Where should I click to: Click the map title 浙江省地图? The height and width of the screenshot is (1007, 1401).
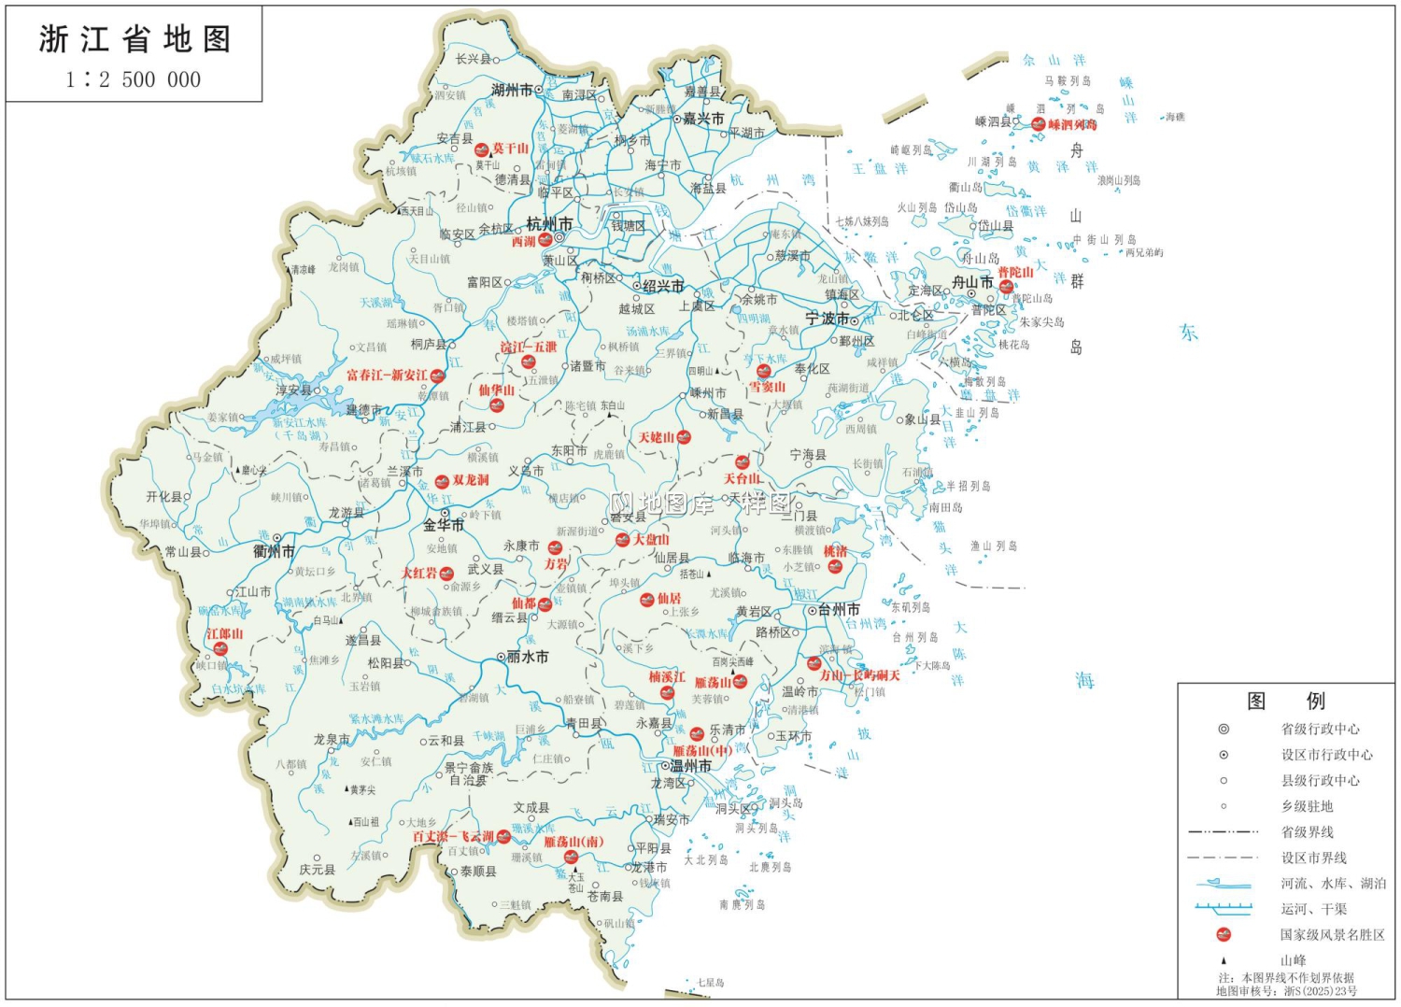tap(134, 39)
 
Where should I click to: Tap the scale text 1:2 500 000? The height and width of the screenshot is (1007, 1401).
tap(134, 79)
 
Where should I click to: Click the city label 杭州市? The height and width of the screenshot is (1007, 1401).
tap(549, 224)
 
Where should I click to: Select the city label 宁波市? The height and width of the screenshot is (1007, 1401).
tap(827, 319)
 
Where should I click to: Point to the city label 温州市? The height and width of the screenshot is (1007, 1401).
tap(690, 766)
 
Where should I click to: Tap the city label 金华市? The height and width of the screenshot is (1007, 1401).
tap(444, 525)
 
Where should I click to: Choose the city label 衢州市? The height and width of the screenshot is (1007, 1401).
tap(274, 551)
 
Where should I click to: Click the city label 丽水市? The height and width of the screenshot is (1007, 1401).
tap(527, 657)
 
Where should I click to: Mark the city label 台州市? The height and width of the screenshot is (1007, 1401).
tap(839, 609)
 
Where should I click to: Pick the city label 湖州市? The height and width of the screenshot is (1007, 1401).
tap(512, 90)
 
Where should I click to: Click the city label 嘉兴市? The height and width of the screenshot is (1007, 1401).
tap(702, 119)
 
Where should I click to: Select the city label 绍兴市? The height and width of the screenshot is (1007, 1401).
tap(663, 286)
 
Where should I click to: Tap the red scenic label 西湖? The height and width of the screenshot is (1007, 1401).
tap(523, 241)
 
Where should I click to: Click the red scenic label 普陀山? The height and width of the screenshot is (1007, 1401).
tap(1015, 272)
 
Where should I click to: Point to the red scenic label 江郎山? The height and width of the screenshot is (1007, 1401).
tap(224, 633)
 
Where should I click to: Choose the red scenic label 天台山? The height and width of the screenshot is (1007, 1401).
tap(742, 478)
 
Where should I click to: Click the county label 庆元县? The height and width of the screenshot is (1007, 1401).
tap(317, 870)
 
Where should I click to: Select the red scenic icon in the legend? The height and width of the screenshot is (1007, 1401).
tap(1224, 934)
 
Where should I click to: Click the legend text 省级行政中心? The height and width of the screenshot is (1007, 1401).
tap(1320, 729)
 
